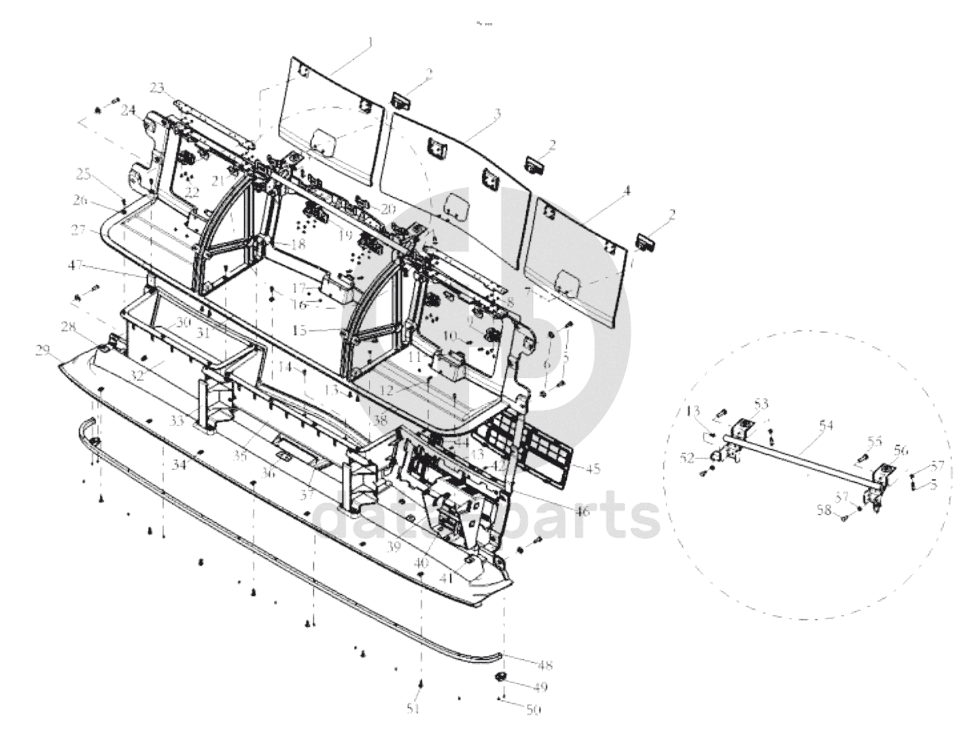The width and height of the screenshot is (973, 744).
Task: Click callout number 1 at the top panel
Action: (370, 42)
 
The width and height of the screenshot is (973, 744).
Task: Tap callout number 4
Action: (627, 191)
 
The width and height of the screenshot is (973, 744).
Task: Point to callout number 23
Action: (157, 87)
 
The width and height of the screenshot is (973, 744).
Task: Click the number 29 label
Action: (43, 350)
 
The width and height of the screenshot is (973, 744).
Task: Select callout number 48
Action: (544, 665)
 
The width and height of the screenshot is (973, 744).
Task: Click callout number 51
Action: (413, 709)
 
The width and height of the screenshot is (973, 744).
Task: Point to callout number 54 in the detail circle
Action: (826, 425)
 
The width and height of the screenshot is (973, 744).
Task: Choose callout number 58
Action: (824, 510)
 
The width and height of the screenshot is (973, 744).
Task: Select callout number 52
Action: (688, 458)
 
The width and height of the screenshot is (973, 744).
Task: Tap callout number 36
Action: (269, 473)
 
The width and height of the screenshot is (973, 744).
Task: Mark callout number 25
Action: (83, 174)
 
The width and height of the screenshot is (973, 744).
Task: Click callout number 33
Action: (177, 421)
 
